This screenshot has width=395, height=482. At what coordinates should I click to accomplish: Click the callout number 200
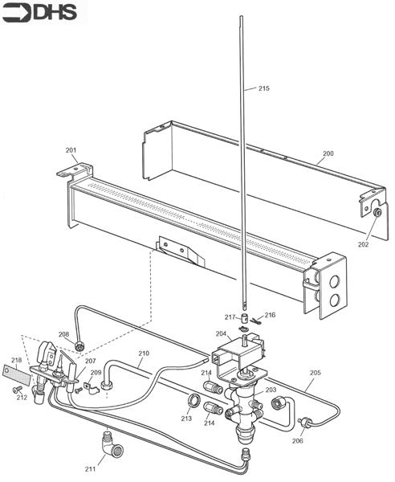point(328,153)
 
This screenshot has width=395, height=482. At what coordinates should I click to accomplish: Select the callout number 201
point(71,150)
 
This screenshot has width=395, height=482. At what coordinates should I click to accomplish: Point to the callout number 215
point(264,88)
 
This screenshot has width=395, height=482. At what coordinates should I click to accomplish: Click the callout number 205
point(315,373)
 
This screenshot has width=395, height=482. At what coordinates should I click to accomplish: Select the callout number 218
point(17,360)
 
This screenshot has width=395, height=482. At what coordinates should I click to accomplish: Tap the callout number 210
point(144,353)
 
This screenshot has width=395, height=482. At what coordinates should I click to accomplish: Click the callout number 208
point(64,334)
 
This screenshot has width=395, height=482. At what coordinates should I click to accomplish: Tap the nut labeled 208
point(80,346)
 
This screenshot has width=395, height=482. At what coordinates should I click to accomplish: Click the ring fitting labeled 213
point(193,398)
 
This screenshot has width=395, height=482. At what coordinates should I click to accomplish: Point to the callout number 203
point(271,390)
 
